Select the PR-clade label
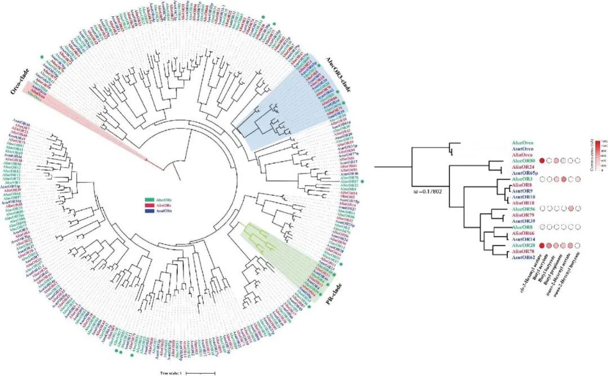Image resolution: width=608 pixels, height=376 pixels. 333,294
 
